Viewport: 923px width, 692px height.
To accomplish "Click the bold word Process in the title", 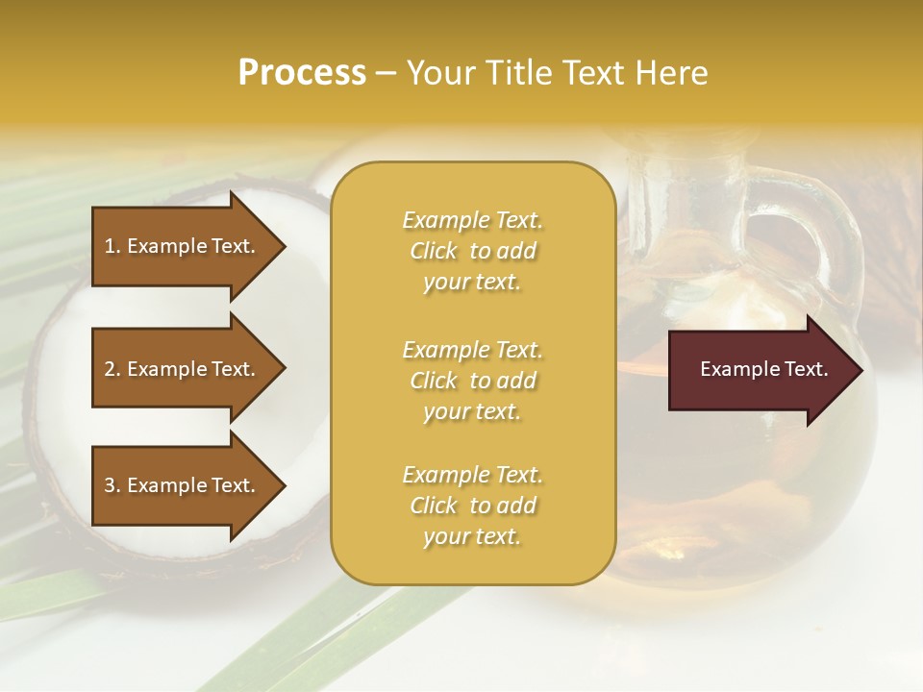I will pos(302,73).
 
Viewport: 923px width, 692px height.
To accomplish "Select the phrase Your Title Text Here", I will pos(558,73).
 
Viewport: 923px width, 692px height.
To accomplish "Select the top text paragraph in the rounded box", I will pos(472,251).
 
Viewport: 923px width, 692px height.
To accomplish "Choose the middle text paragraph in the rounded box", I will pos(472,381).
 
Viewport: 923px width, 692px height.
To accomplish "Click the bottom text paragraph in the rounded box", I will pos(472,506).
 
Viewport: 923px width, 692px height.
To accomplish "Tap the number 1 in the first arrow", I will pos(109,246).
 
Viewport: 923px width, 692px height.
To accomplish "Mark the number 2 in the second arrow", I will pos(110,369).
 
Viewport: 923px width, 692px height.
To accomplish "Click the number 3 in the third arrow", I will pos(110,485).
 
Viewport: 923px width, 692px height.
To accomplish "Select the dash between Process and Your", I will pos(387,73).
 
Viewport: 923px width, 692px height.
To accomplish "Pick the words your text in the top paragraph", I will pos(472,283).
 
